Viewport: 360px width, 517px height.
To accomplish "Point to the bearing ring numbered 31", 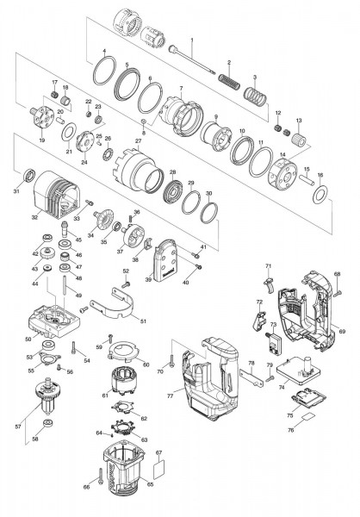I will [31, 177].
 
